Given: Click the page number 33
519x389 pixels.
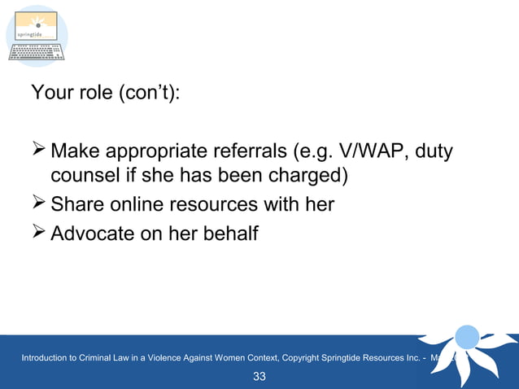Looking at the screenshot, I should click(259, 376).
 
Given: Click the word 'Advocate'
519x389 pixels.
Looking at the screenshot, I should click(95, 234).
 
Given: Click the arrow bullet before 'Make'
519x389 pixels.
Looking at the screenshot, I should click(38, 151).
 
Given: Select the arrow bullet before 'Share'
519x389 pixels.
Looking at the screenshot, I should click(38, 203).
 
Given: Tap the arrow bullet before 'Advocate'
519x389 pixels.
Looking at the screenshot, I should click(38, 233).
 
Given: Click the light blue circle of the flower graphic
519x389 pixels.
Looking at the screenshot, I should click(467, 336).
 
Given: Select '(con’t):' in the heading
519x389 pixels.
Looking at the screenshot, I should click(150, 92).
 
